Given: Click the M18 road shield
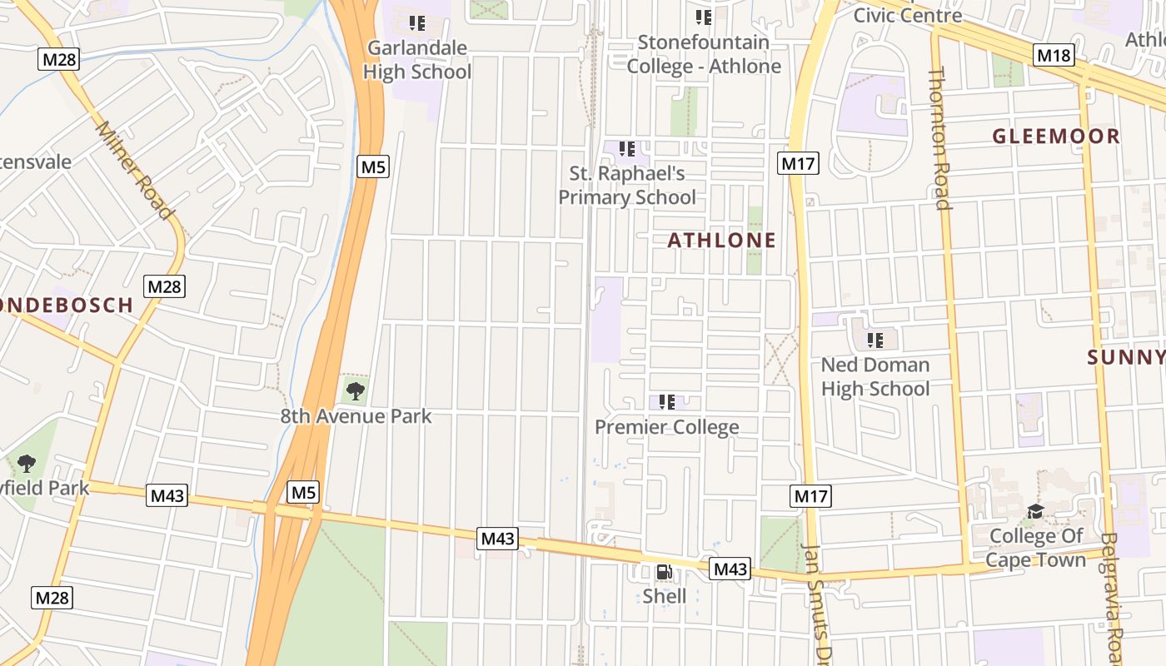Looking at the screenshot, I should click(x=1054, y=56).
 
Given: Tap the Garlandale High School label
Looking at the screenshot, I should click(x=417, y=60).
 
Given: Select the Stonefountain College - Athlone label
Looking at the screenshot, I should click(x=704, y=54).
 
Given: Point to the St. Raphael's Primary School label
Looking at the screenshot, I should click(x=626, y=186).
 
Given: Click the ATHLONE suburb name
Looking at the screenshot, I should click(x=722, y=241).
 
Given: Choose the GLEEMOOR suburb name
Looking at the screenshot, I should click(x=1056, y=137).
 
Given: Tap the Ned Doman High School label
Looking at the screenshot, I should click(x=875, y=377).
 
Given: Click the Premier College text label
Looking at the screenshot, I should click(x=667, y=427).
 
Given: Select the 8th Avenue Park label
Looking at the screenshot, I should click(x=356, y=416).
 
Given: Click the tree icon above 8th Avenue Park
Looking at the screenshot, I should click(x=356, y=389).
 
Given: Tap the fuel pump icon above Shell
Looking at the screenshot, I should click(x=665, y=572).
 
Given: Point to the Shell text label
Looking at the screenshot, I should click(x=665, y=596).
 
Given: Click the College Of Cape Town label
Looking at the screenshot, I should click(x=1036, y=548).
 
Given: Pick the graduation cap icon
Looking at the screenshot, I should click(x=1035, y=511).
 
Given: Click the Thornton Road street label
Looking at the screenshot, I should click(x=939, y=139).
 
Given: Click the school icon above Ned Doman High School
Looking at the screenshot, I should click(x=875, y=340).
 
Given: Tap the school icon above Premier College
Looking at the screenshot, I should click(x=666, y=403).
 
